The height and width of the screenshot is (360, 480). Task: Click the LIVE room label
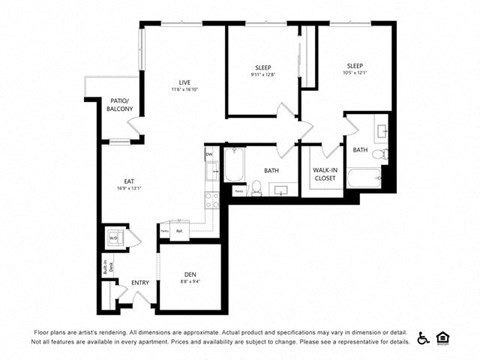click(185, 82)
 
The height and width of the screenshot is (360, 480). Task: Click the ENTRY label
click(140, 283)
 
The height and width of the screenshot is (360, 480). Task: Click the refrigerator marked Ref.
click(178, 231)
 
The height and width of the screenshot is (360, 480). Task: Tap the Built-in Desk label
click(105, 267)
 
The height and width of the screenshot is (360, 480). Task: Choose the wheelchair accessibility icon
click(424, 337)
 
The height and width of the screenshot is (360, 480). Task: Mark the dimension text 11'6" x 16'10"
click(185, 89)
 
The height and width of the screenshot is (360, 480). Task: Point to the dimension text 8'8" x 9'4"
click(190, 282)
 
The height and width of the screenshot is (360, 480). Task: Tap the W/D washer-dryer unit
click(115, 238)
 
